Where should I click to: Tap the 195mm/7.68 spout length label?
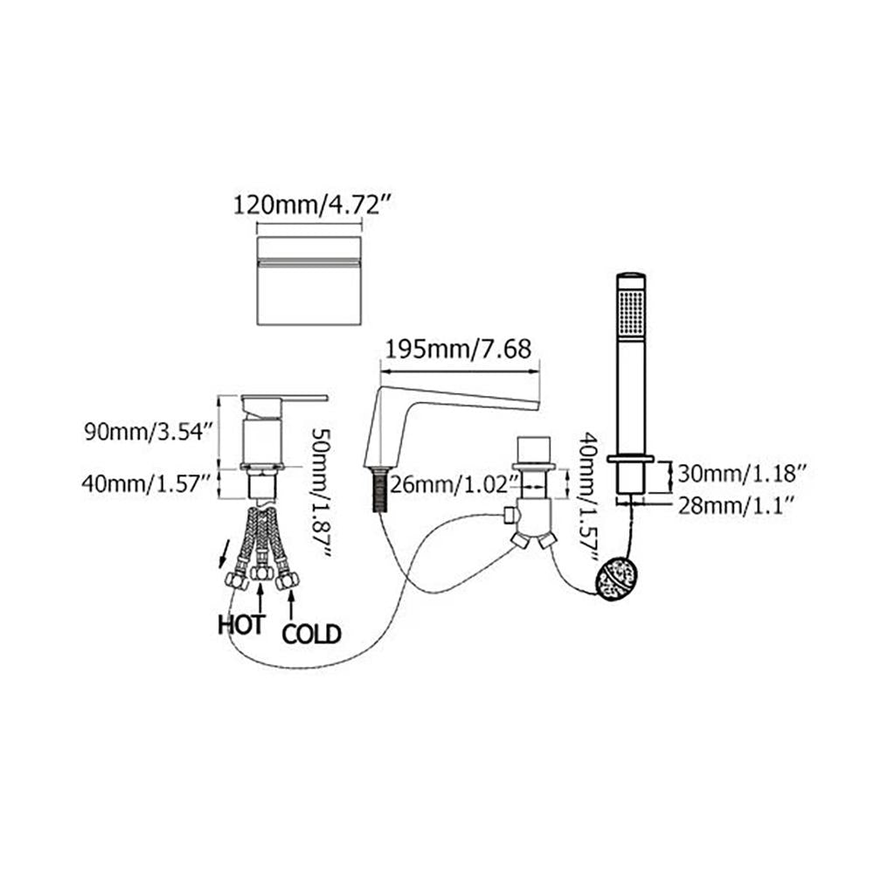coord(459,350)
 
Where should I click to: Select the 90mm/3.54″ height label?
coord(149,432)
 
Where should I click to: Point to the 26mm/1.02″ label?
coord(451,484)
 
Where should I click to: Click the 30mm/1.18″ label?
coord(742,474)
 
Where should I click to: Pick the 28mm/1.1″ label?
coord(735,506)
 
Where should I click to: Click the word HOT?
coord(241,625)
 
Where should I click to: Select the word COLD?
coord(311,635)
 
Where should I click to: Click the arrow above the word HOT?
coord(260,595)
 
